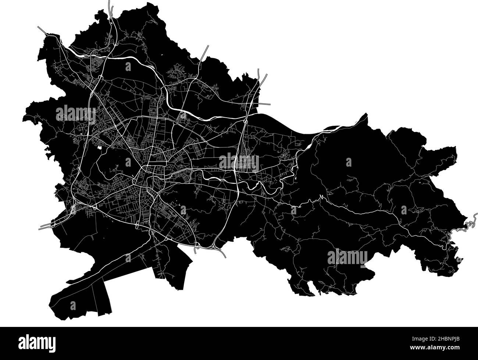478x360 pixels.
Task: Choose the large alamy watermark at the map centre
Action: [239, 162]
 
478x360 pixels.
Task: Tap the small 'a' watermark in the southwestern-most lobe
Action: [73, 305]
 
